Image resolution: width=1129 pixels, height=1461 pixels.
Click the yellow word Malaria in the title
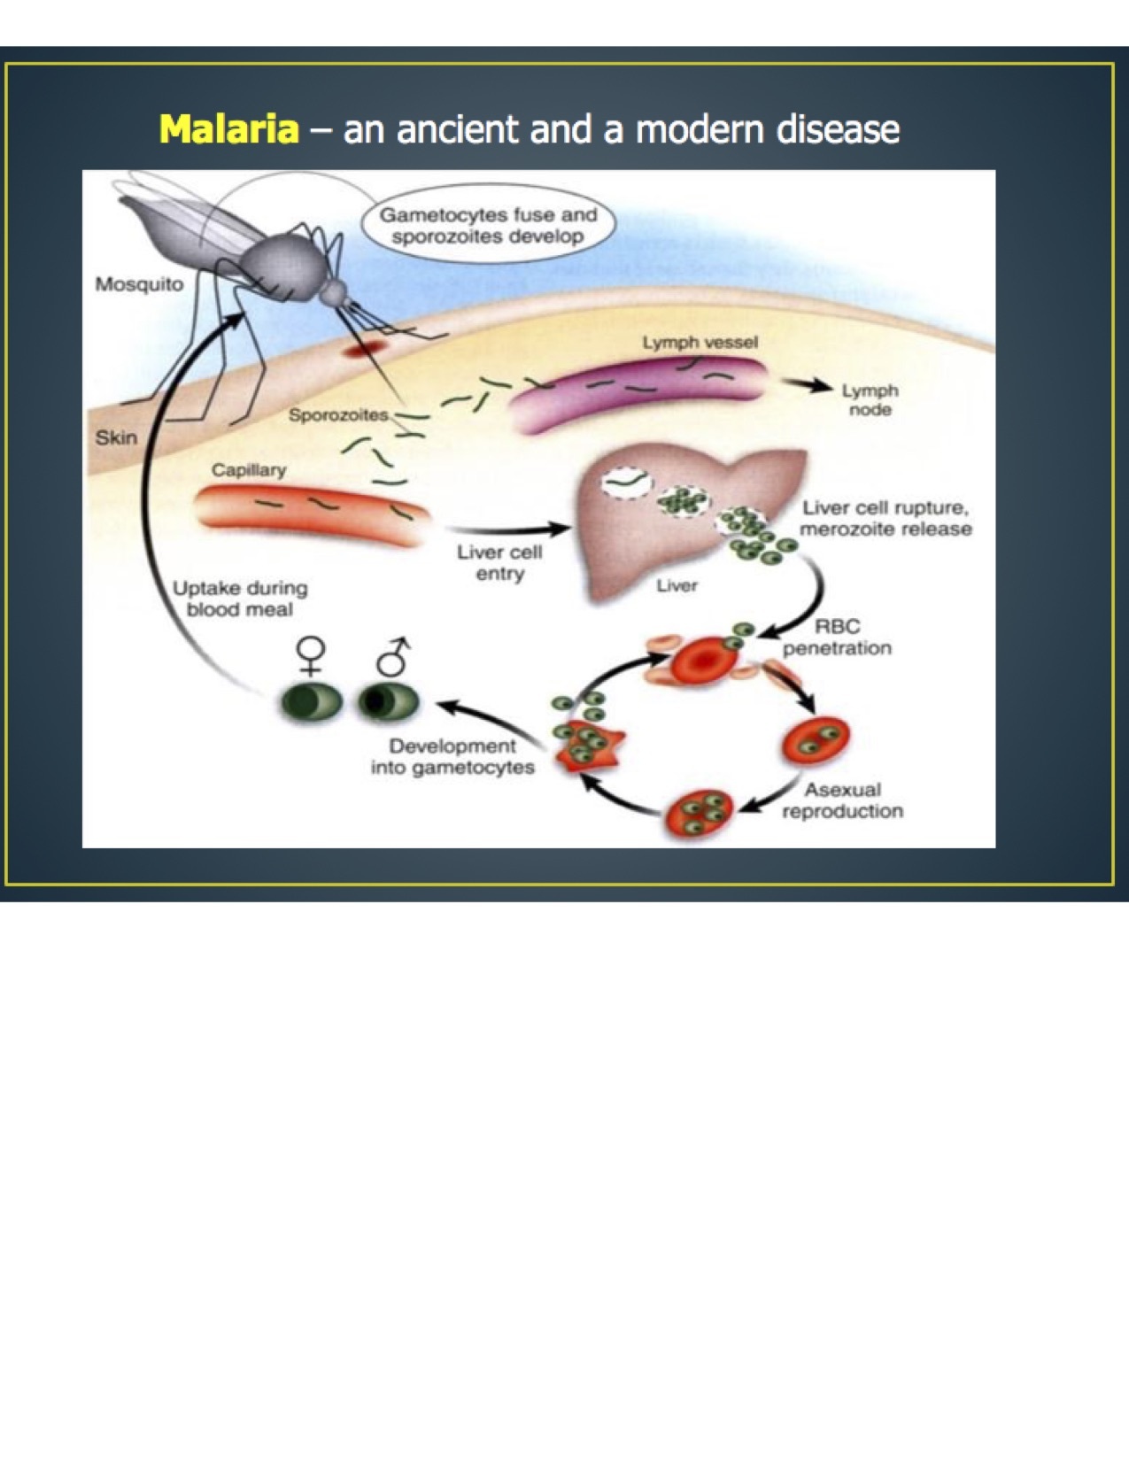point(229,129)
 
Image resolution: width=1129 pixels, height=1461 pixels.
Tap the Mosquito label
point(139,284)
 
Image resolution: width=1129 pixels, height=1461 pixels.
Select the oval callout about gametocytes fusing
point(488,226)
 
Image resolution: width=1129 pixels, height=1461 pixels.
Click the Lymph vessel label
point(700,342)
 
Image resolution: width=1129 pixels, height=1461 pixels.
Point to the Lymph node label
point(870,399)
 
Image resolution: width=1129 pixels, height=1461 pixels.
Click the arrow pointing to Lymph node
point(807,385)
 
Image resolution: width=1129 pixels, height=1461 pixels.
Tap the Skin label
point(116,437)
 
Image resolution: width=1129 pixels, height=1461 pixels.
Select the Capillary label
point(248,469)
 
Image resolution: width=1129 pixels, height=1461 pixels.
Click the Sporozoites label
point(337,414)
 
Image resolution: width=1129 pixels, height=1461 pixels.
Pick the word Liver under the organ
point(677,585)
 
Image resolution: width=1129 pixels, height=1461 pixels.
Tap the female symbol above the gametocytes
point(311,658)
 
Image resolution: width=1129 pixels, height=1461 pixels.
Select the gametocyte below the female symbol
point(311,703)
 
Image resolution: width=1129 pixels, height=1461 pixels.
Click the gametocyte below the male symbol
point(389,702)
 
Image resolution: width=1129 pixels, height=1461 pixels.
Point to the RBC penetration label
point(837,638)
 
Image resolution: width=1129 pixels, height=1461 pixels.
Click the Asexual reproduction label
point(842,800)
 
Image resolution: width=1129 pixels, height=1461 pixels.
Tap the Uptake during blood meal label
point(240,599)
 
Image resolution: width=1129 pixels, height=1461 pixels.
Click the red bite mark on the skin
point(363,350)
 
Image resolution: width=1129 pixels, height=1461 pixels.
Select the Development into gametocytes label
point(452,757)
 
